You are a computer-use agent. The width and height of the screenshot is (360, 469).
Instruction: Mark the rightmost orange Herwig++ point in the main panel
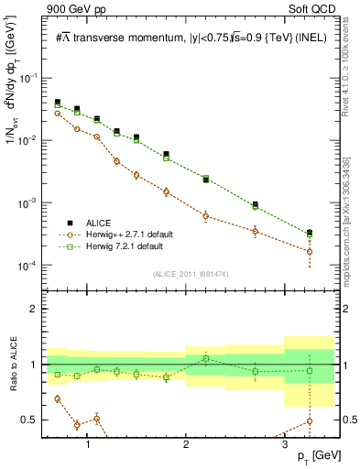click(310, 251)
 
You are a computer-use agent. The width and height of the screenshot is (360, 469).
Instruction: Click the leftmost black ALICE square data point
click(58, 103)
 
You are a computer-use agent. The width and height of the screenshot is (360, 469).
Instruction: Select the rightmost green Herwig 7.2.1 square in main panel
click(310, 235)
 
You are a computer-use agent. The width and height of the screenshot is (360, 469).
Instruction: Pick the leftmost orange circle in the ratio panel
click(58, 398)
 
